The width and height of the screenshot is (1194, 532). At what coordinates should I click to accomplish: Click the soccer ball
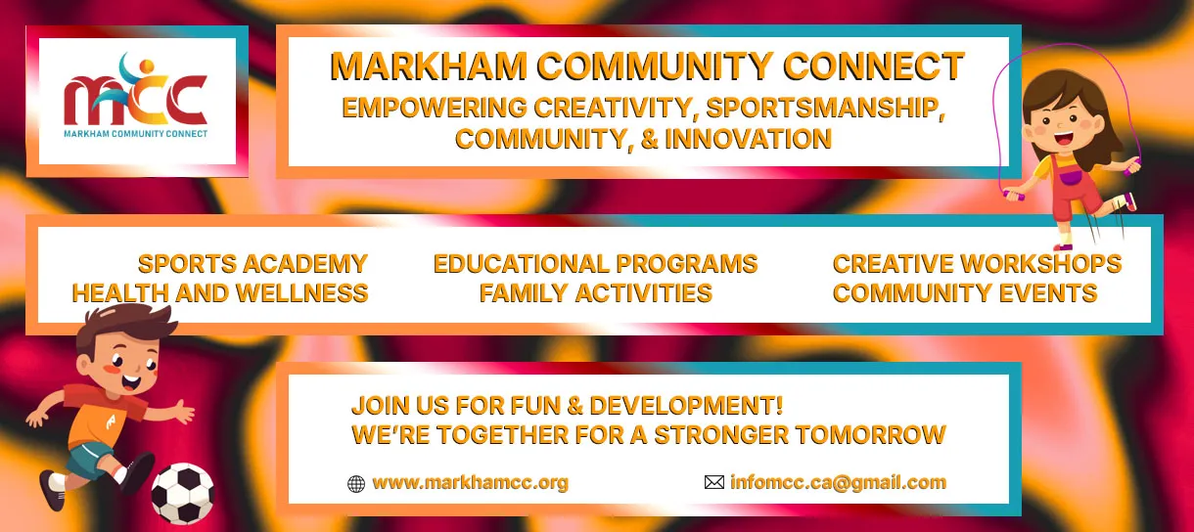point(183,494)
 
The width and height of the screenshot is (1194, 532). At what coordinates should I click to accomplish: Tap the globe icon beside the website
point(356,483)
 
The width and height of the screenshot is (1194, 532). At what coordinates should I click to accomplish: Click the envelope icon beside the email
point(714,482)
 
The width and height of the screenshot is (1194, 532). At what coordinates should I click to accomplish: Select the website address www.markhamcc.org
point(470,483)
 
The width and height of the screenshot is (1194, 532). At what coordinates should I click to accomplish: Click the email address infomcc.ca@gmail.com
point(838,482)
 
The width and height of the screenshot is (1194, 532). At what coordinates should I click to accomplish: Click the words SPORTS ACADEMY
point(253,264)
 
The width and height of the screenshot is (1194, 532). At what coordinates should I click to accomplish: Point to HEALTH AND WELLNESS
point(220,292)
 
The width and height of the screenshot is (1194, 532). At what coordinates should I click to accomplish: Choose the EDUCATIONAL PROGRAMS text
point(595,264)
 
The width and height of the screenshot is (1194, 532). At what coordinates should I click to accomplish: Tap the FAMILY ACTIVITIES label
point(595,292)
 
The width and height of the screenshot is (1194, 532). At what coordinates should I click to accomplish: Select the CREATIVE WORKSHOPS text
point(977,264)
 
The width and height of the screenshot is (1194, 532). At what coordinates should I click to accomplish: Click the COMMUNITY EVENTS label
point(965,292)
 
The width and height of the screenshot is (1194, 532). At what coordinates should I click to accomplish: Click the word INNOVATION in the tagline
point(748,139)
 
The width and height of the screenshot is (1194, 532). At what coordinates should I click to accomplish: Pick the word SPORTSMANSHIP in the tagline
point(825,108)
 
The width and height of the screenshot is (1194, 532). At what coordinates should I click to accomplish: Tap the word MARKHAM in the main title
point(429,66)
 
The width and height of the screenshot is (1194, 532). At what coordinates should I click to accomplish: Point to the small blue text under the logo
point(135,134)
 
